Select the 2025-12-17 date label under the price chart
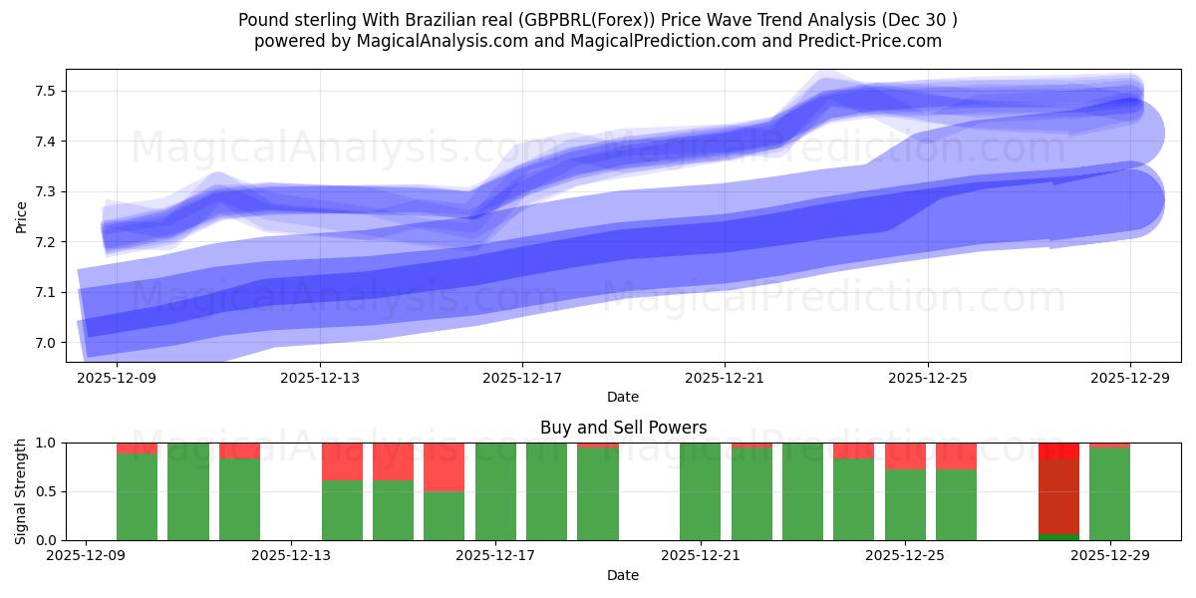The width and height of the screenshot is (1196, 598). [x=521, y=378]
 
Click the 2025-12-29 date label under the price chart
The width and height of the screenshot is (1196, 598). [x=1129, y=378]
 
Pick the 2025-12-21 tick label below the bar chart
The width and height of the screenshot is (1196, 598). [x=701, y=556]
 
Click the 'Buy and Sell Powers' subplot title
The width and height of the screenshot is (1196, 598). [x=623, y=428]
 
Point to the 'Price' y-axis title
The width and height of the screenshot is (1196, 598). [x=22, y=216]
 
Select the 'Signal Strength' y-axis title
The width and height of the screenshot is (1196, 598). [x=22, y=491]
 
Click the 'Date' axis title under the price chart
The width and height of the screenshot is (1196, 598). [x=623, y=397]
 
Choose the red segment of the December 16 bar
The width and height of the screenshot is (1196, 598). [x=445, y=466]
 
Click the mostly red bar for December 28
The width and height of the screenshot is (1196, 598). [x=1058, y=493]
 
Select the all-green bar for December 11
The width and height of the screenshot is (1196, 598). [x=188, y=491]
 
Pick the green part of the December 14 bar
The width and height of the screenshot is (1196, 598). [x=342, y=510]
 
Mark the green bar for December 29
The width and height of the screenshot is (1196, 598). [x=1109, y=494]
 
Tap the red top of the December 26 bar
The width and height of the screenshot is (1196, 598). [x=956, y=455]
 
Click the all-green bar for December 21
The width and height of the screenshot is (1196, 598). [x=701, y=491]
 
